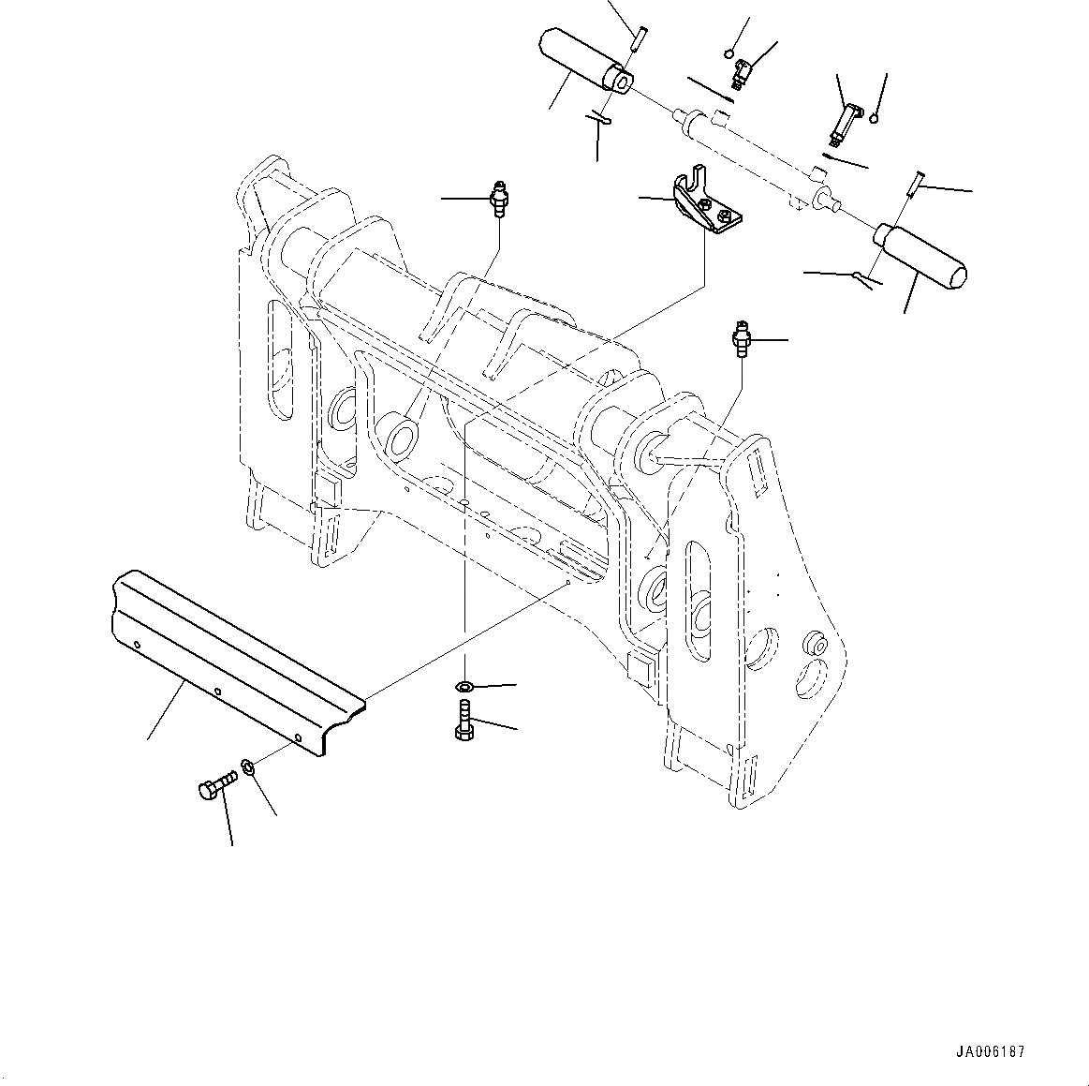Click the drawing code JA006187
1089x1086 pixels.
tap(990, 1051)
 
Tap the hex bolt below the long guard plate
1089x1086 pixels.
tap(213, 788)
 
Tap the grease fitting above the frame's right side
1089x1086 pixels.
tap(743, 339)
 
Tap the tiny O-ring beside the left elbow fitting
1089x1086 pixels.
tap(730, 53)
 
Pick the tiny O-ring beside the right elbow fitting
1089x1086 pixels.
tap(873, 117)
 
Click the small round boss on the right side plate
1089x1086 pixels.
tap(815, 646)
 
